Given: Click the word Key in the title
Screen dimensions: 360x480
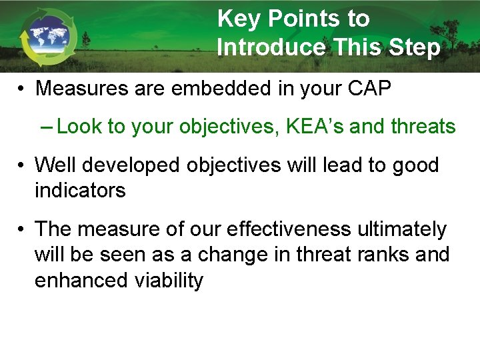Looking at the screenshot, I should point(237,19).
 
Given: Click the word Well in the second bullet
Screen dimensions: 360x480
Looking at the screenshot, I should point(56,165).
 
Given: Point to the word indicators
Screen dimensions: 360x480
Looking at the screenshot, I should point(80,191).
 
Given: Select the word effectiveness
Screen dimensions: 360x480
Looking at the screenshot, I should point(289,229).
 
